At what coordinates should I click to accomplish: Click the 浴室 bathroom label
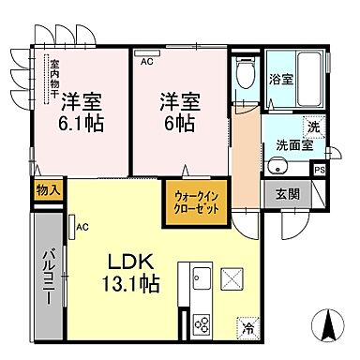pyautogui.click(x=281, y=80)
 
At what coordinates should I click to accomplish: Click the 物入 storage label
pyautogui.click(x=48, y=189)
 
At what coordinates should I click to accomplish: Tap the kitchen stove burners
pyautogui.click(x=202, y=324)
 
